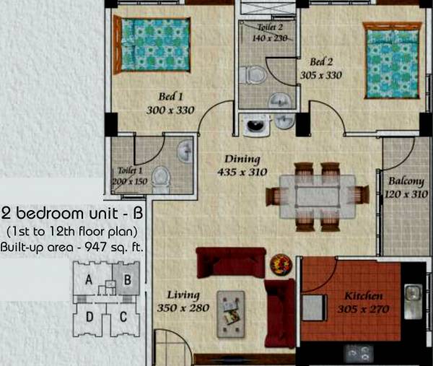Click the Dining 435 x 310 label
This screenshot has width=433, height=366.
[242, 166]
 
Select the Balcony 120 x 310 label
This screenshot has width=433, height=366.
[406, 188]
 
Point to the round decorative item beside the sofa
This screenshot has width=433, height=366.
[279, 264]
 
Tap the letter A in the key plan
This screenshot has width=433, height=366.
[89, 282]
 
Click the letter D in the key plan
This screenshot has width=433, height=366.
[89, 316]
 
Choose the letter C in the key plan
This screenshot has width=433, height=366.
[123, 316]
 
